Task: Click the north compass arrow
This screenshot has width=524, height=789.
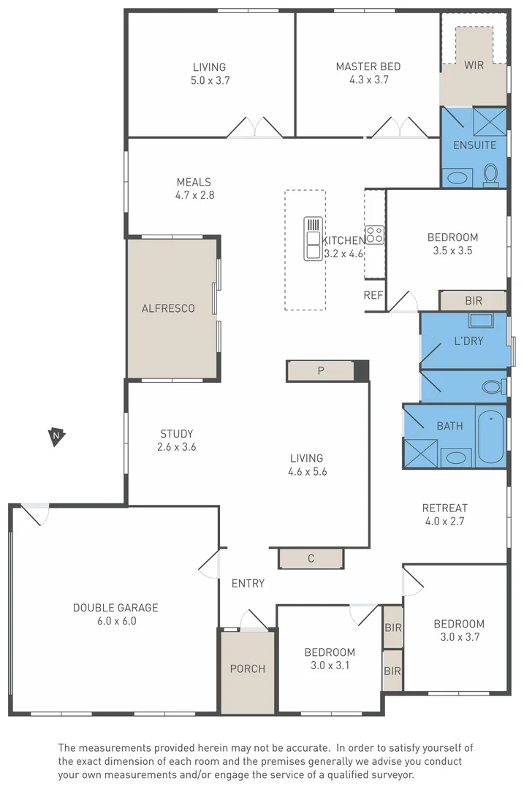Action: pos(56,437)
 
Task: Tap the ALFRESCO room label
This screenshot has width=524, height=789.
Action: pos(168,308)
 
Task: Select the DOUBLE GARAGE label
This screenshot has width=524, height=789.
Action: pos(115,608)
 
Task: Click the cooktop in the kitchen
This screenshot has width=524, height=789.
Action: pos(375,235)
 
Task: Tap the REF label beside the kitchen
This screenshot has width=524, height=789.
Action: pos(373,295)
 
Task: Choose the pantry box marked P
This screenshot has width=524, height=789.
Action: pos(320,370)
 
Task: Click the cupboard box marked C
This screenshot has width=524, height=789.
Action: pos(311,559)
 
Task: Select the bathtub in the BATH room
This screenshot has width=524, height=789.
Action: pos(491,436)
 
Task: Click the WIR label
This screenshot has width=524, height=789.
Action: pos(474,65)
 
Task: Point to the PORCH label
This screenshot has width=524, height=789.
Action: pos(248,668)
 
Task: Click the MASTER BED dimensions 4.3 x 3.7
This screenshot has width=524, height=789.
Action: pos(368,80)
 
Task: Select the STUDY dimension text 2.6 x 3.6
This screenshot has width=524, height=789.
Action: pos(177,447)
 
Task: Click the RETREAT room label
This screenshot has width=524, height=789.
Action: pos(444,508)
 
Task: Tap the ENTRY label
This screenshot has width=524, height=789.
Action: pos(248,583)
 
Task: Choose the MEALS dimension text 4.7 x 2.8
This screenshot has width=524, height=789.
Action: pos(194,195)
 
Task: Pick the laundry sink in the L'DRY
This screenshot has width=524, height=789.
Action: pos(480,319)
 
